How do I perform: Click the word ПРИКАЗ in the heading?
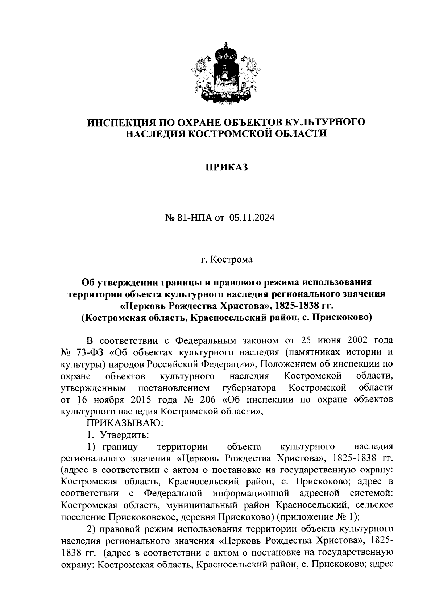[227, 167]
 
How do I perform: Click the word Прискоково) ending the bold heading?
[343, 317]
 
